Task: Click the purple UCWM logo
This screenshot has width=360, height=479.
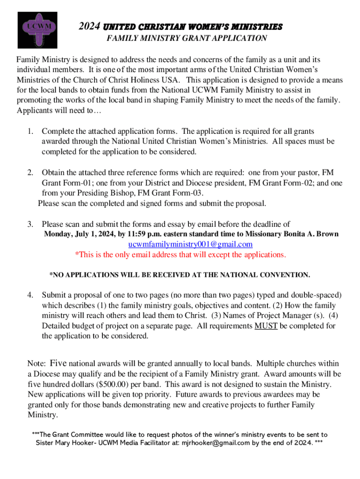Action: pos(37,30)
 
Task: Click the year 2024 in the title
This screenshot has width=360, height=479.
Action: pos(89,26)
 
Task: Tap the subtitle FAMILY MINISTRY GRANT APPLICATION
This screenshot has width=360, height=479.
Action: pos(187,38)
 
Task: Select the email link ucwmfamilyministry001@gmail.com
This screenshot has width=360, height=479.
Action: pos(190,244)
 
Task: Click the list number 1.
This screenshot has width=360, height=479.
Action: pos(30,131)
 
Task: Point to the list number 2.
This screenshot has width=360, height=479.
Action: pos(30,173)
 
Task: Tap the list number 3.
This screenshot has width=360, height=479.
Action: pos(30,224)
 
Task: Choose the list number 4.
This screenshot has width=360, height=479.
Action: pos(30,295)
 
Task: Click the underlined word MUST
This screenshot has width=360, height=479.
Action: pos(266,326)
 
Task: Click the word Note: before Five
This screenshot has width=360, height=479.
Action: pos(36,363)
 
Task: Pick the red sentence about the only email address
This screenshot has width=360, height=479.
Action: pos(180,254)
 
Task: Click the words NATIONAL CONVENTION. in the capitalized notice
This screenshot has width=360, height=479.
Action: pos(264,275)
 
